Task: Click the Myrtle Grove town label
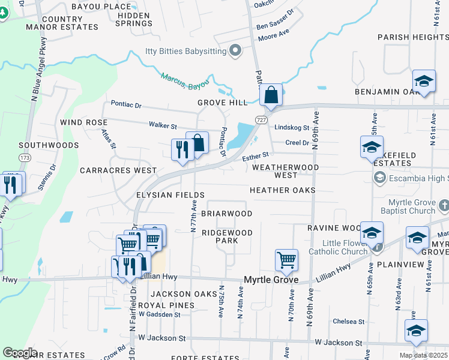tap(271, 280)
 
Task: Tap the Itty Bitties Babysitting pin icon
tap(235, 51)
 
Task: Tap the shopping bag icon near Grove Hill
tap(271, 95)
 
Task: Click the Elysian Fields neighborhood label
tap(170, 195)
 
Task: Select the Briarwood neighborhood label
tap(226, 214)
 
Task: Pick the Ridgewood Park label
tap(228, 236)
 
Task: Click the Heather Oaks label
tap(283, 190)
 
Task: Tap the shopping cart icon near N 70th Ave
tap(287, 260)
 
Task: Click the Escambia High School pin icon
tap(379, 178)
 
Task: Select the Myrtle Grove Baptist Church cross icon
tap(444, 206)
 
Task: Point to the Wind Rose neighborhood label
tap(83, 122)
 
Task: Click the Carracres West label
tap(118, 170)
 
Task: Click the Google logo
tap(20, 353)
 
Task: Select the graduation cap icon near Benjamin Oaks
tap(424, 81)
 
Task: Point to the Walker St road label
tap(163, 125)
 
